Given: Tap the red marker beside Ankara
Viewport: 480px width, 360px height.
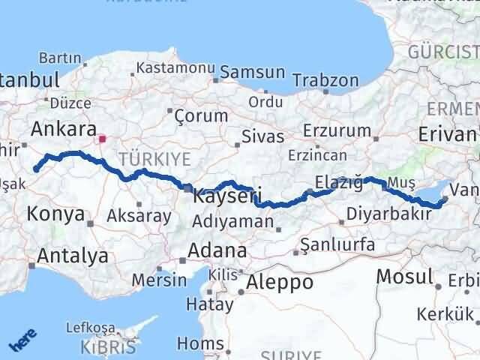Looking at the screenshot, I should tap(102, 139).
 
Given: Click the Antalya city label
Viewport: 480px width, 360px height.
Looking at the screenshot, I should tap(72, 256).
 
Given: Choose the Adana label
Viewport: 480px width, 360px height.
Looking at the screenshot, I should tap(217, 250).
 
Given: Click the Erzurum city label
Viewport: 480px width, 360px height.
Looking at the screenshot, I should tap(337, 130).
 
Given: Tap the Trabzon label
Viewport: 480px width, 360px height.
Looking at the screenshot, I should tap(325, 79).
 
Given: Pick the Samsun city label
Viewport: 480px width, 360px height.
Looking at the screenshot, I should tap(252, 73).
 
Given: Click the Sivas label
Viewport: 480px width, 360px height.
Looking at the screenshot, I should tap(263, 137).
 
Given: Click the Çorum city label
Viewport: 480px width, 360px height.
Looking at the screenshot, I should tap(200, 115).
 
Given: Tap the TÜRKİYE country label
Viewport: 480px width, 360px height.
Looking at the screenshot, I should tap(154, 158).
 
